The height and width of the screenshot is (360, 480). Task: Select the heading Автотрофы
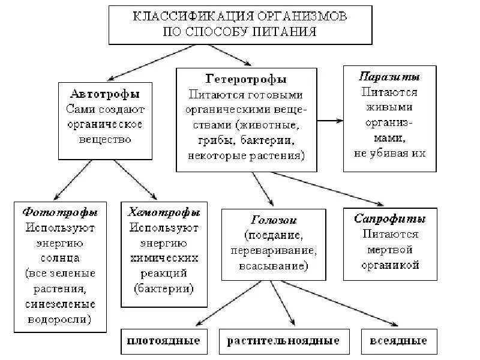coord(105,94)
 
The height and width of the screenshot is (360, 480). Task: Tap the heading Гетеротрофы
coord(246,79)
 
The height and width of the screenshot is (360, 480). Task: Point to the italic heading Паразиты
coord(389,77)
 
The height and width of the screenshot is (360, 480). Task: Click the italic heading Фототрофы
coord(60,212)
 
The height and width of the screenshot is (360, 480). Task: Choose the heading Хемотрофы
coord(164,212)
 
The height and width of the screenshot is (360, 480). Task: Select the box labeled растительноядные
coord(283,341)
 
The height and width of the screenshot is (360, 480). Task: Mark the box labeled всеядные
coord(395,341)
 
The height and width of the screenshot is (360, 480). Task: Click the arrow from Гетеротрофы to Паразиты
coord(330,121)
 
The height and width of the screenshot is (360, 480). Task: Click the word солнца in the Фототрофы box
coord(60,258)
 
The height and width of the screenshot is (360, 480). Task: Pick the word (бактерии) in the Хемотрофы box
coord(164,288)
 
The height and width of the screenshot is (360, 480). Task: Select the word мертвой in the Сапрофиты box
coord(390,249)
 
